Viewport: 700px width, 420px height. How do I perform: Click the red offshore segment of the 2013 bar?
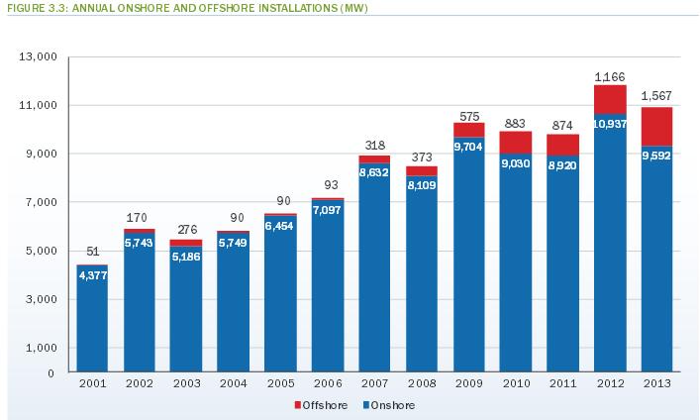pos(656,127)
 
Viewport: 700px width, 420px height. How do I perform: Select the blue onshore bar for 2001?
pos(92,327)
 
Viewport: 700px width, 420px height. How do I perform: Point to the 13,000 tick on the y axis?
pos(35,57)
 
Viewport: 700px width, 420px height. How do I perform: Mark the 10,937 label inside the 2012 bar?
pos(610,124)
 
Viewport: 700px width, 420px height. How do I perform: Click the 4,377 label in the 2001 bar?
pos(92,276)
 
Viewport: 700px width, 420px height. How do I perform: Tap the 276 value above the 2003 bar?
pos(186,230)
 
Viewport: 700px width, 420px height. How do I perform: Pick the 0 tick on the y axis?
pos(49,373)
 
